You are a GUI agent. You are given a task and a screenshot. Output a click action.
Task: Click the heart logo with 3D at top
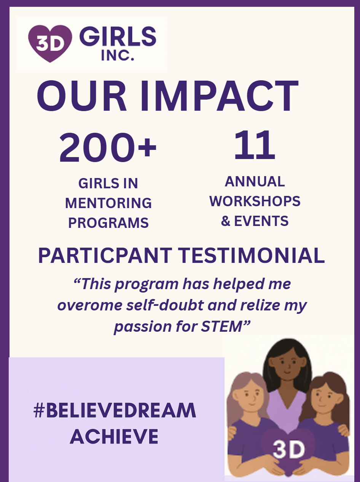click(50, 43)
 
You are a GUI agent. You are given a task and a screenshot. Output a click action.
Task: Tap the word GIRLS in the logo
click(118, 37)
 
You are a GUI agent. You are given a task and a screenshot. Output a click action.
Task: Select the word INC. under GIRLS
click(118, 55)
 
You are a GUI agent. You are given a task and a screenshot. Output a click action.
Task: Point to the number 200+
click(108, 147)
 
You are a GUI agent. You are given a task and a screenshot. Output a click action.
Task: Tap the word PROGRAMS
click(108, 223)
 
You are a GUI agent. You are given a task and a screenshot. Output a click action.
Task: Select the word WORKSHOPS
click(255, 201)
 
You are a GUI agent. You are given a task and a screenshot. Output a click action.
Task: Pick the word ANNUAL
click(255, 181)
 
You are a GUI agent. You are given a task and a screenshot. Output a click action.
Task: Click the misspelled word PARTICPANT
click(105, 255)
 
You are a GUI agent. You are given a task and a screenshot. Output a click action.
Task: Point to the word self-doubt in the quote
click(165, 305)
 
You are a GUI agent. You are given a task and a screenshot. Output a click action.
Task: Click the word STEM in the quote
click(221, 326)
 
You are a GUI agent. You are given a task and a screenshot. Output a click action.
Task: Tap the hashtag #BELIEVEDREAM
click(115, 410)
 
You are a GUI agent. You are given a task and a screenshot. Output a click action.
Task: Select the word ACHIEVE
click(114, 437)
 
